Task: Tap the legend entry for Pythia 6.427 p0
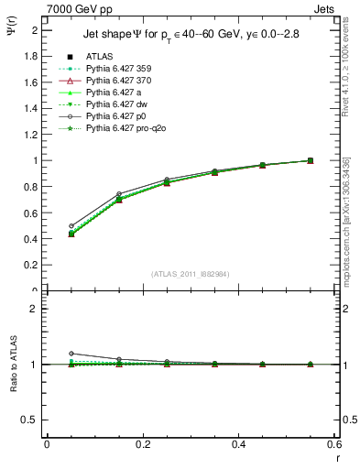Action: (115, 116)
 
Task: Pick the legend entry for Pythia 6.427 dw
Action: (115, 104)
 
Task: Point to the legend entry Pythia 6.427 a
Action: (111, 93)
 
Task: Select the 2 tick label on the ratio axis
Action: (34, 309)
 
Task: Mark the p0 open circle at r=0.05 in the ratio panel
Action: (71, 353)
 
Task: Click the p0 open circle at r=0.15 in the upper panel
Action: (119, 193)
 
